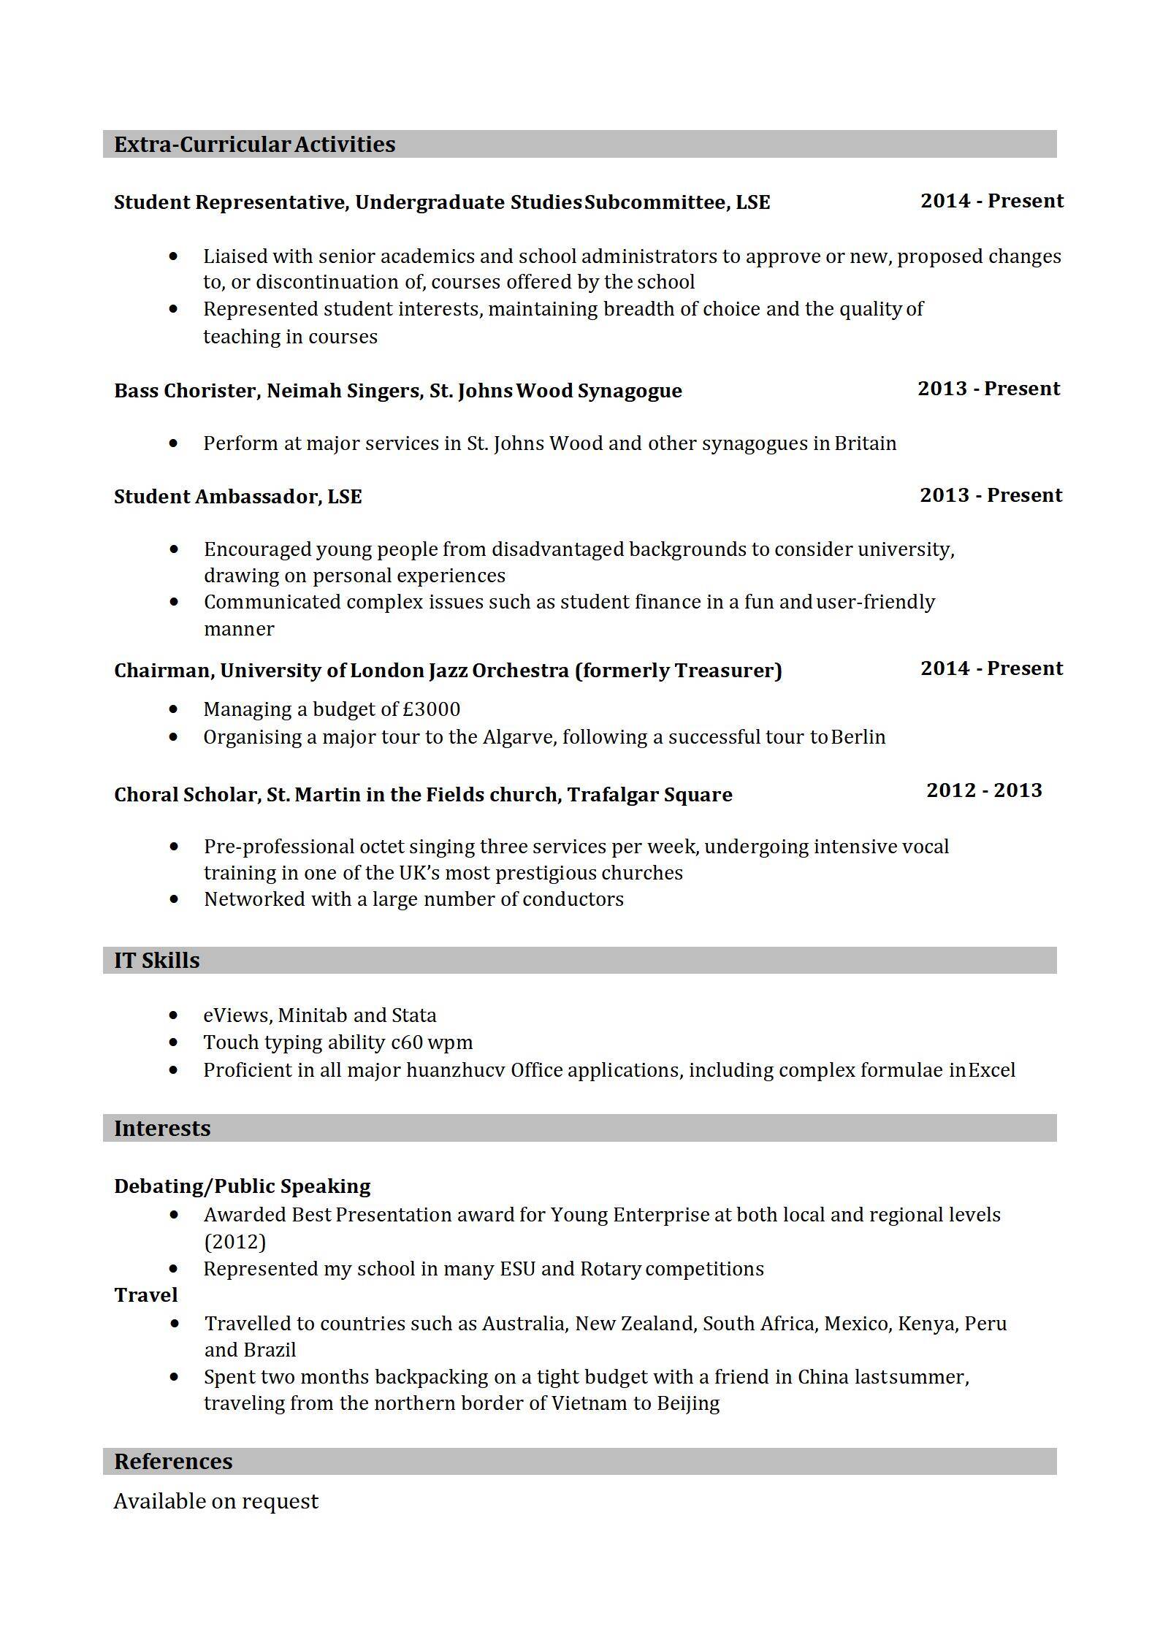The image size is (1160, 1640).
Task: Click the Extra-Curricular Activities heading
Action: click(254, 145)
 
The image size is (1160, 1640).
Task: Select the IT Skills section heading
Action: click(156, 960)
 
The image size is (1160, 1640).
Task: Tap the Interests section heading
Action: click(162, 1128)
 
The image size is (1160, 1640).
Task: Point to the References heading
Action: click(173, 1461)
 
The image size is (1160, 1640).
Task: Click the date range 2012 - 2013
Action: click(984, 790)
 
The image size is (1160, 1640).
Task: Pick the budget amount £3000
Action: click(431, 709)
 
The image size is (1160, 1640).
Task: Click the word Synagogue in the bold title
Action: click(630, 391)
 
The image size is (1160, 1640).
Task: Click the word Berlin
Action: click(858, 737)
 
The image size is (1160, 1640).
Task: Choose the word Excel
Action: click(992, 1070)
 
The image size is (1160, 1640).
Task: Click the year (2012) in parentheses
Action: click(234, 1242)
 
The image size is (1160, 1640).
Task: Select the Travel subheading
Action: click(146, 1295)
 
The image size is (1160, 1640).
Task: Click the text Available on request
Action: click(216, 1501)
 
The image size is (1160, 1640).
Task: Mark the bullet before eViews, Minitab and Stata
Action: click(173, 1015)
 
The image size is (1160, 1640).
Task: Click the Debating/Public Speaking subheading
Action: click(242, 1186)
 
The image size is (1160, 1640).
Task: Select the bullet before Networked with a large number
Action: click(173, 899)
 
